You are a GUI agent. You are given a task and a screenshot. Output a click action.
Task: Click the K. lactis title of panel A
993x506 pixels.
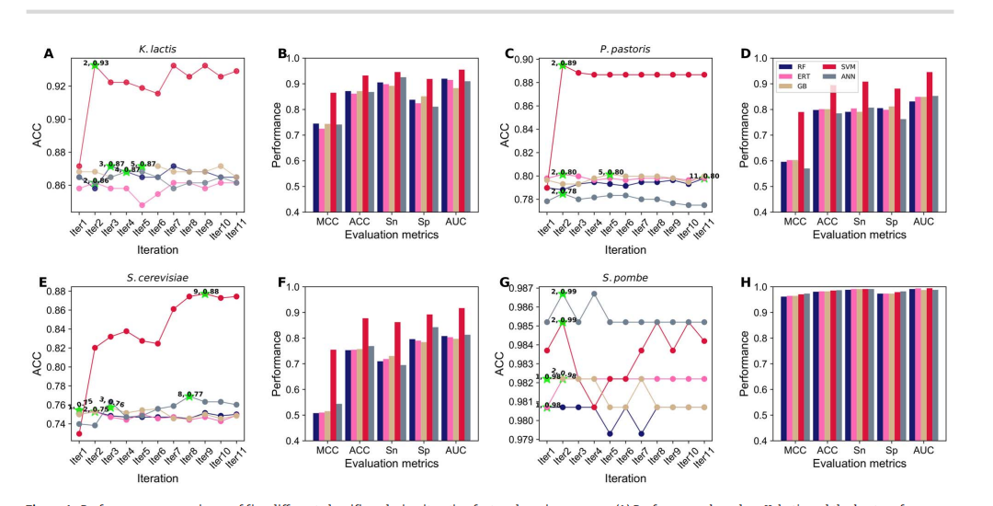pyautogui.click(x=162, y=45)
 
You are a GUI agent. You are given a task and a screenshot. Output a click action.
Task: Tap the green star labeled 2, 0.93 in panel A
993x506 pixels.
pyautogui.click(x=95, y=64)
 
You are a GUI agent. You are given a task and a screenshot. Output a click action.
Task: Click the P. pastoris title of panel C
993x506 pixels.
pyautogui.click(x=633, y=45)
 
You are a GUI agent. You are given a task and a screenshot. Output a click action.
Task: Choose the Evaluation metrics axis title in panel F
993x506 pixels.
pyautogui.click(x=393, y=467)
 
